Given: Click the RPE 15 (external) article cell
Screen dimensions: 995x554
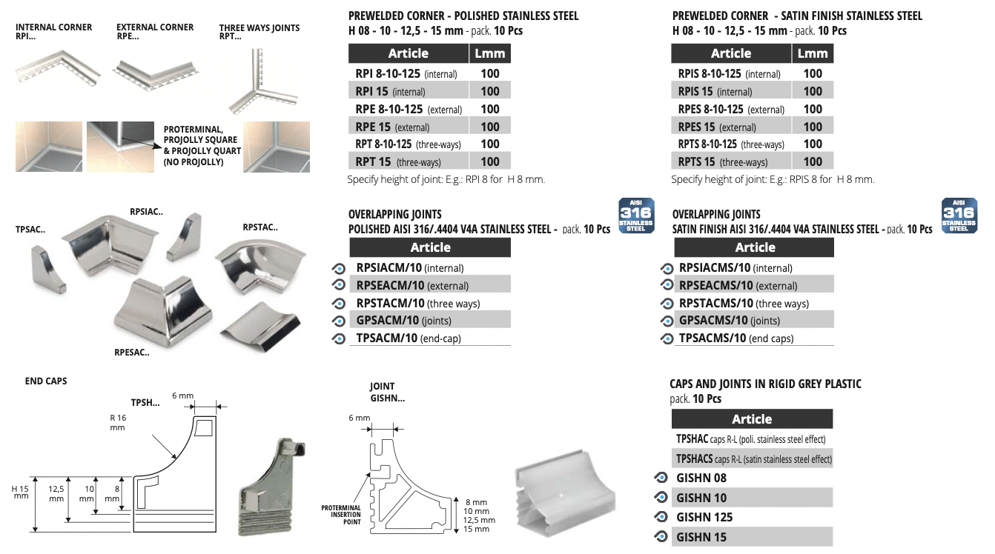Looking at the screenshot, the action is tap(409, 127).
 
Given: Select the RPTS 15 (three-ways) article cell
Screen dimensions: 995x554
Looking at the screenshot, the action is tap(731, 162).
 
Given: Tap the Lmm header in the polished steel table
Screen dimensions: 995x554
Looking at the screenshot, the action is tap(490, 53).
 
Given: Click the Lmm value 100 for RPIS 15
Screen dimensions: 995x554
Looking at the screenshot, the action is tap(813, 91).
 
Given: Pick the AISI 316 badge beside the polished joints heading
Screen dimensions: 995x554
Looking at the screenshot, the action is tap(636, 216).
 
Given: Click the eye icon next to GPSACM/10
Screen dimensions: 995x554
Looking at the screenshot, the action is tap(339, 321).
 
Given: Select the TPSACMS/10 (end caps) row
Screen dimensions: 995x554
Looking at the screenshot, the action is tap(754, 338).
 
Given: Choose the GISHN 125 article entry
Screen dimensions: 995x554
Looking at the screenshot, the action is tap(704, 517).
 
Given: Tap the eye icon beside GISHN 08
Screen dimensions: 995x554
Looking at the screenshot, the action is tap(661, 478).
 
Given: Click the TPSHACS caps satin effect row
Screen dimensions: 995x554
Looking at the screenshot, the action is tap(752, 458).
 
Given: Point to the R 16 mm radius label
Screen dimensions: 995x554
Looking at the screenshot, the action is tap(118, 423).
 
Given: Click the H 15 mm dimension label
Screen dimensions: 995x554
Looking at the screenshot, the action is tap(20, 492).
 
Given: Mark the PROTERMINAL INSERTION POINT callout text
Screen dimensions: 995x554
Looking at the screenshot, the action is tap(341, 515).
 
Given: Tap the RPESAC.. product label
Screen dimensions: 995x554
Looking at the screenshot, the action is tap(132, 353).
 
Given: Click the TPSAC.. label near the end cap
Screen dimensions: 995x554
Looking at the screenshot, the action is tap(30, 230).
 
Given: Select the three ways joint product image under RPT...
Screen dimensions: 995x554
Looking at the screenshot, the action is tap(262, 82).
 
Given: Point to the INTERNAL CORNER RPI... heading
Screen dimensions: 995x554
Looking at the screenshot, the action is tap(53, 32).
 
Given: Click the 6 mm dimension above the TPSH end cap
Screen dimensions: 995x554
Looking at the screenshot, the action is tap(182, 396).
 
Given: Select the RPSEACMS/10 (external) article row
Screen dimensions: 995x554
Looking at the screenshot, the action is tap(754, 285).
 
